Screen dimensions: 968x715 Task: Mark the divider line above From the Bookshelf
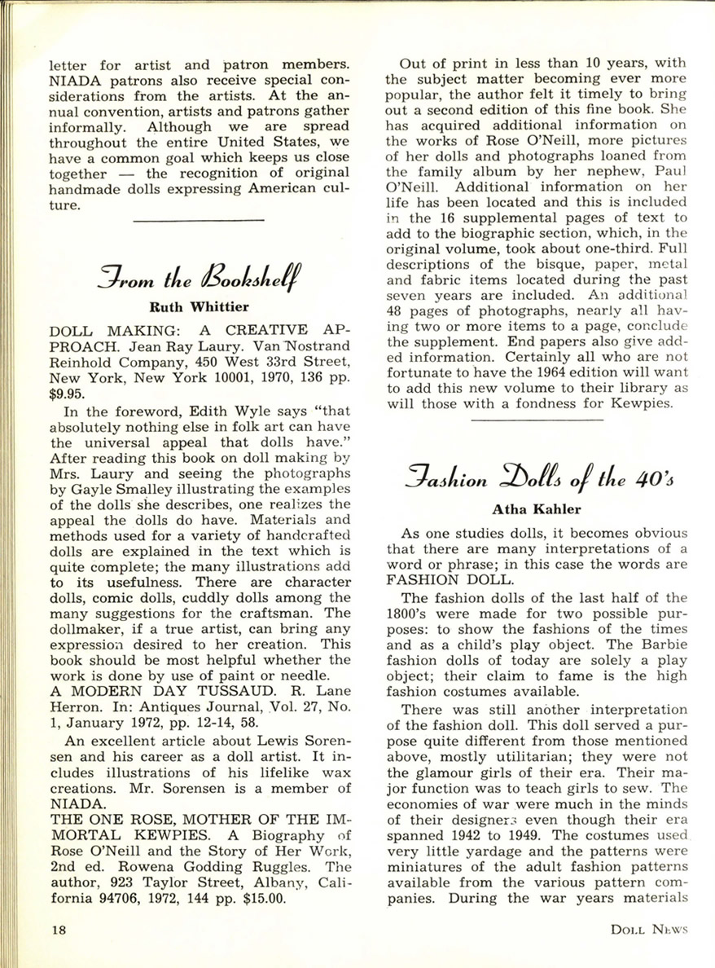pos(199,220)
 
